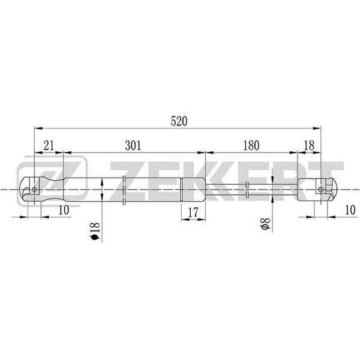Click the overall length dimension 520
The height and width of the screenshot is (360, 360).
coord(179,121)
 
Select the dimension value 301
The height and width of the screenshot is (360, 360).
coord(133,145)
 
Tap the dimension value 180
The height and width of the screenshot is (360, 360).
coord(251,145)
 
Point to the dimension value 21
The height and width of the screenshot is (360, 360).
coord(49,145)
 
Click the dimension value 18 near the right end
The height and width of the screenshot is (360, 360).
coord(309,145)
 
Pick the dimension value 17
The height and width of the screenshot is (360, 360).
coord(193,212)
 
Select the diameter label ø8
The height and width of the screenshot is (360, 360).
coord(265,224)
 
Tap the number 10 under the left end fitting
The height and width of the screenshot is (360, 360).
coord(64,210)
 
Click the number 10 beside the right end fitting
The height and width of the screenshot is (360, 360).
coord(350,210)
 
